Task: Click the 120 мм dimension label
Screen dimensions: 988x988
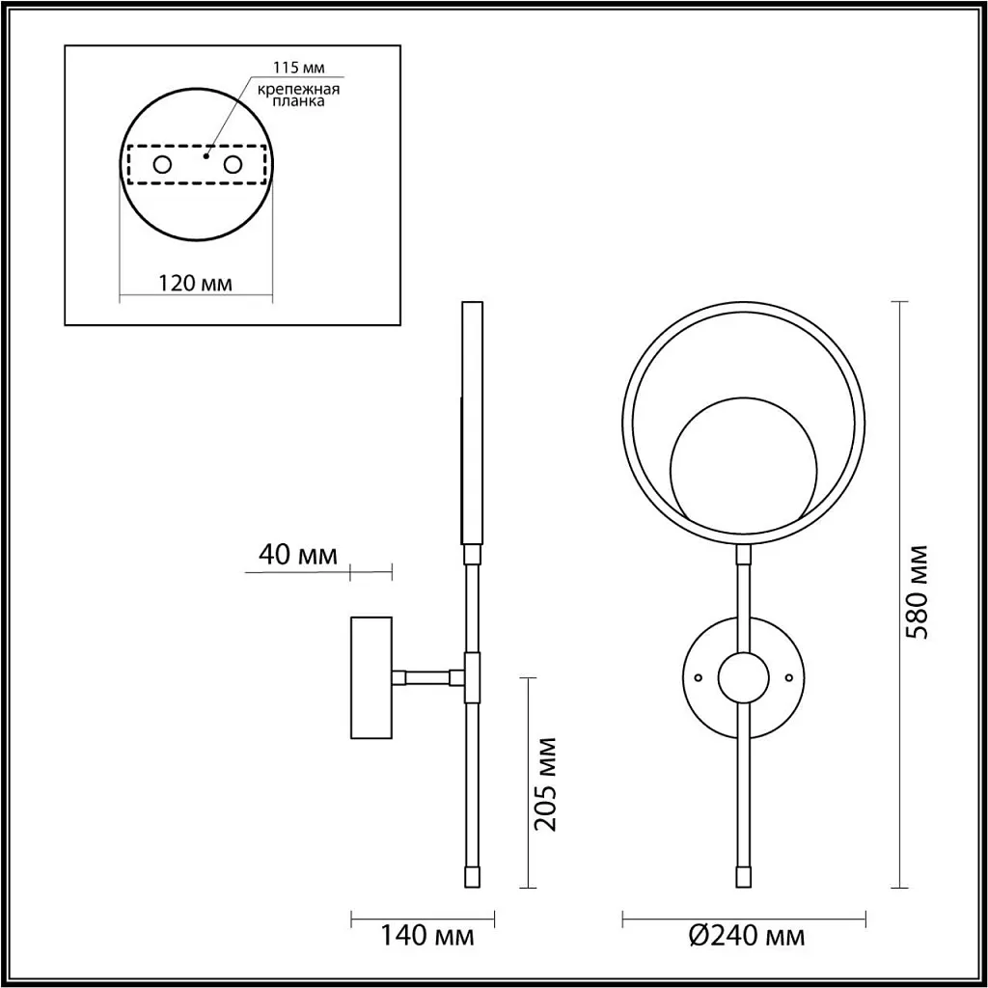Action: pyautogui.click(x=195, y=284)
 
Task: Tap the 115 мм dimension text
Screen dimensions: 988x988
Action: pyautogui.click(x=299, y=68)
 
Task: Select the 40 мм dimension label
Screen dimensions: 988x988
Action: pyautogui.click(x=298, y=555)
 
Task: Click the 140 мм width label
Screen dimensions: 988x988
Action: pyautogui.click(x=426, y=936)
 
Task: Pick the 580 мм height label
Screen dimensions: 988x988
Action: pyautogui.click(x=917, y=592)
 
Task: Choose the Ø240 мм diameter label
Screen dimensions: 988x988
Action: pyautogui.click(x=747, y=936)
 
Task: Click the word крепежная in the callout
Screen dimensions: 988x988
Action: pyautogui.click(x=299, y=89)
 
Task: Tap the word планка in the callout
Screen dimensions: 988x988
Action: pyautogui.click(x=299, y=100)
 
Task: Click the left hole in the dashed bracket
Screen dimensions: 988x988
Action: pyautogui.click(x=162, y=165)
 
